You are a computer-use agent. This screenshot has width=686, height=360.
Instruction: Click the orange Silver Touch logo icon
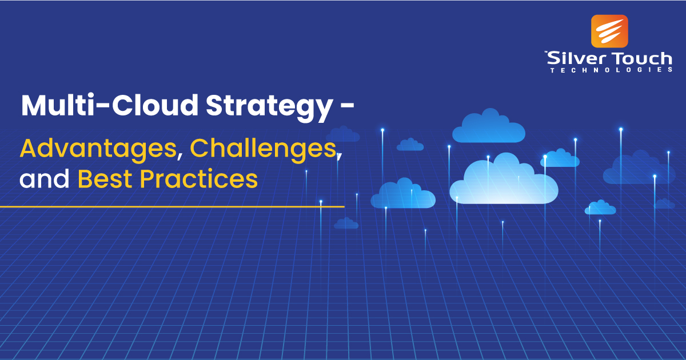609,31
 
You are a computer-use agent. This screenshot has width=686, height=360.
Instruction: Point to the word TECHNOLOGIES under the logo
611,70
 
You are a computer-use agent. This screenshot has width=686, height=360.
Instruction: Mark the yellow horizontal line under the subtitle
171,206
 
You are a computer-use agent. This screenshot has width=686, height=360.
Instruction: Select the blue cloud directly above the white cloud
489,127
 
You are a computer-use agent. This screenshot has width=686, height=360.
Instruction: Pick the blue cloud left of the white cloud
403,194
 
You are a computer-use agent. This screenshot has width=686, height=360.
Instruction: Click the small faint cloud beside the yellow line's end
346,223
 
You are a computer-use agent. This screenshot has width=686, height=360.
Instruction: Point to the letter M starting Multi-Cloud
34,106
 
